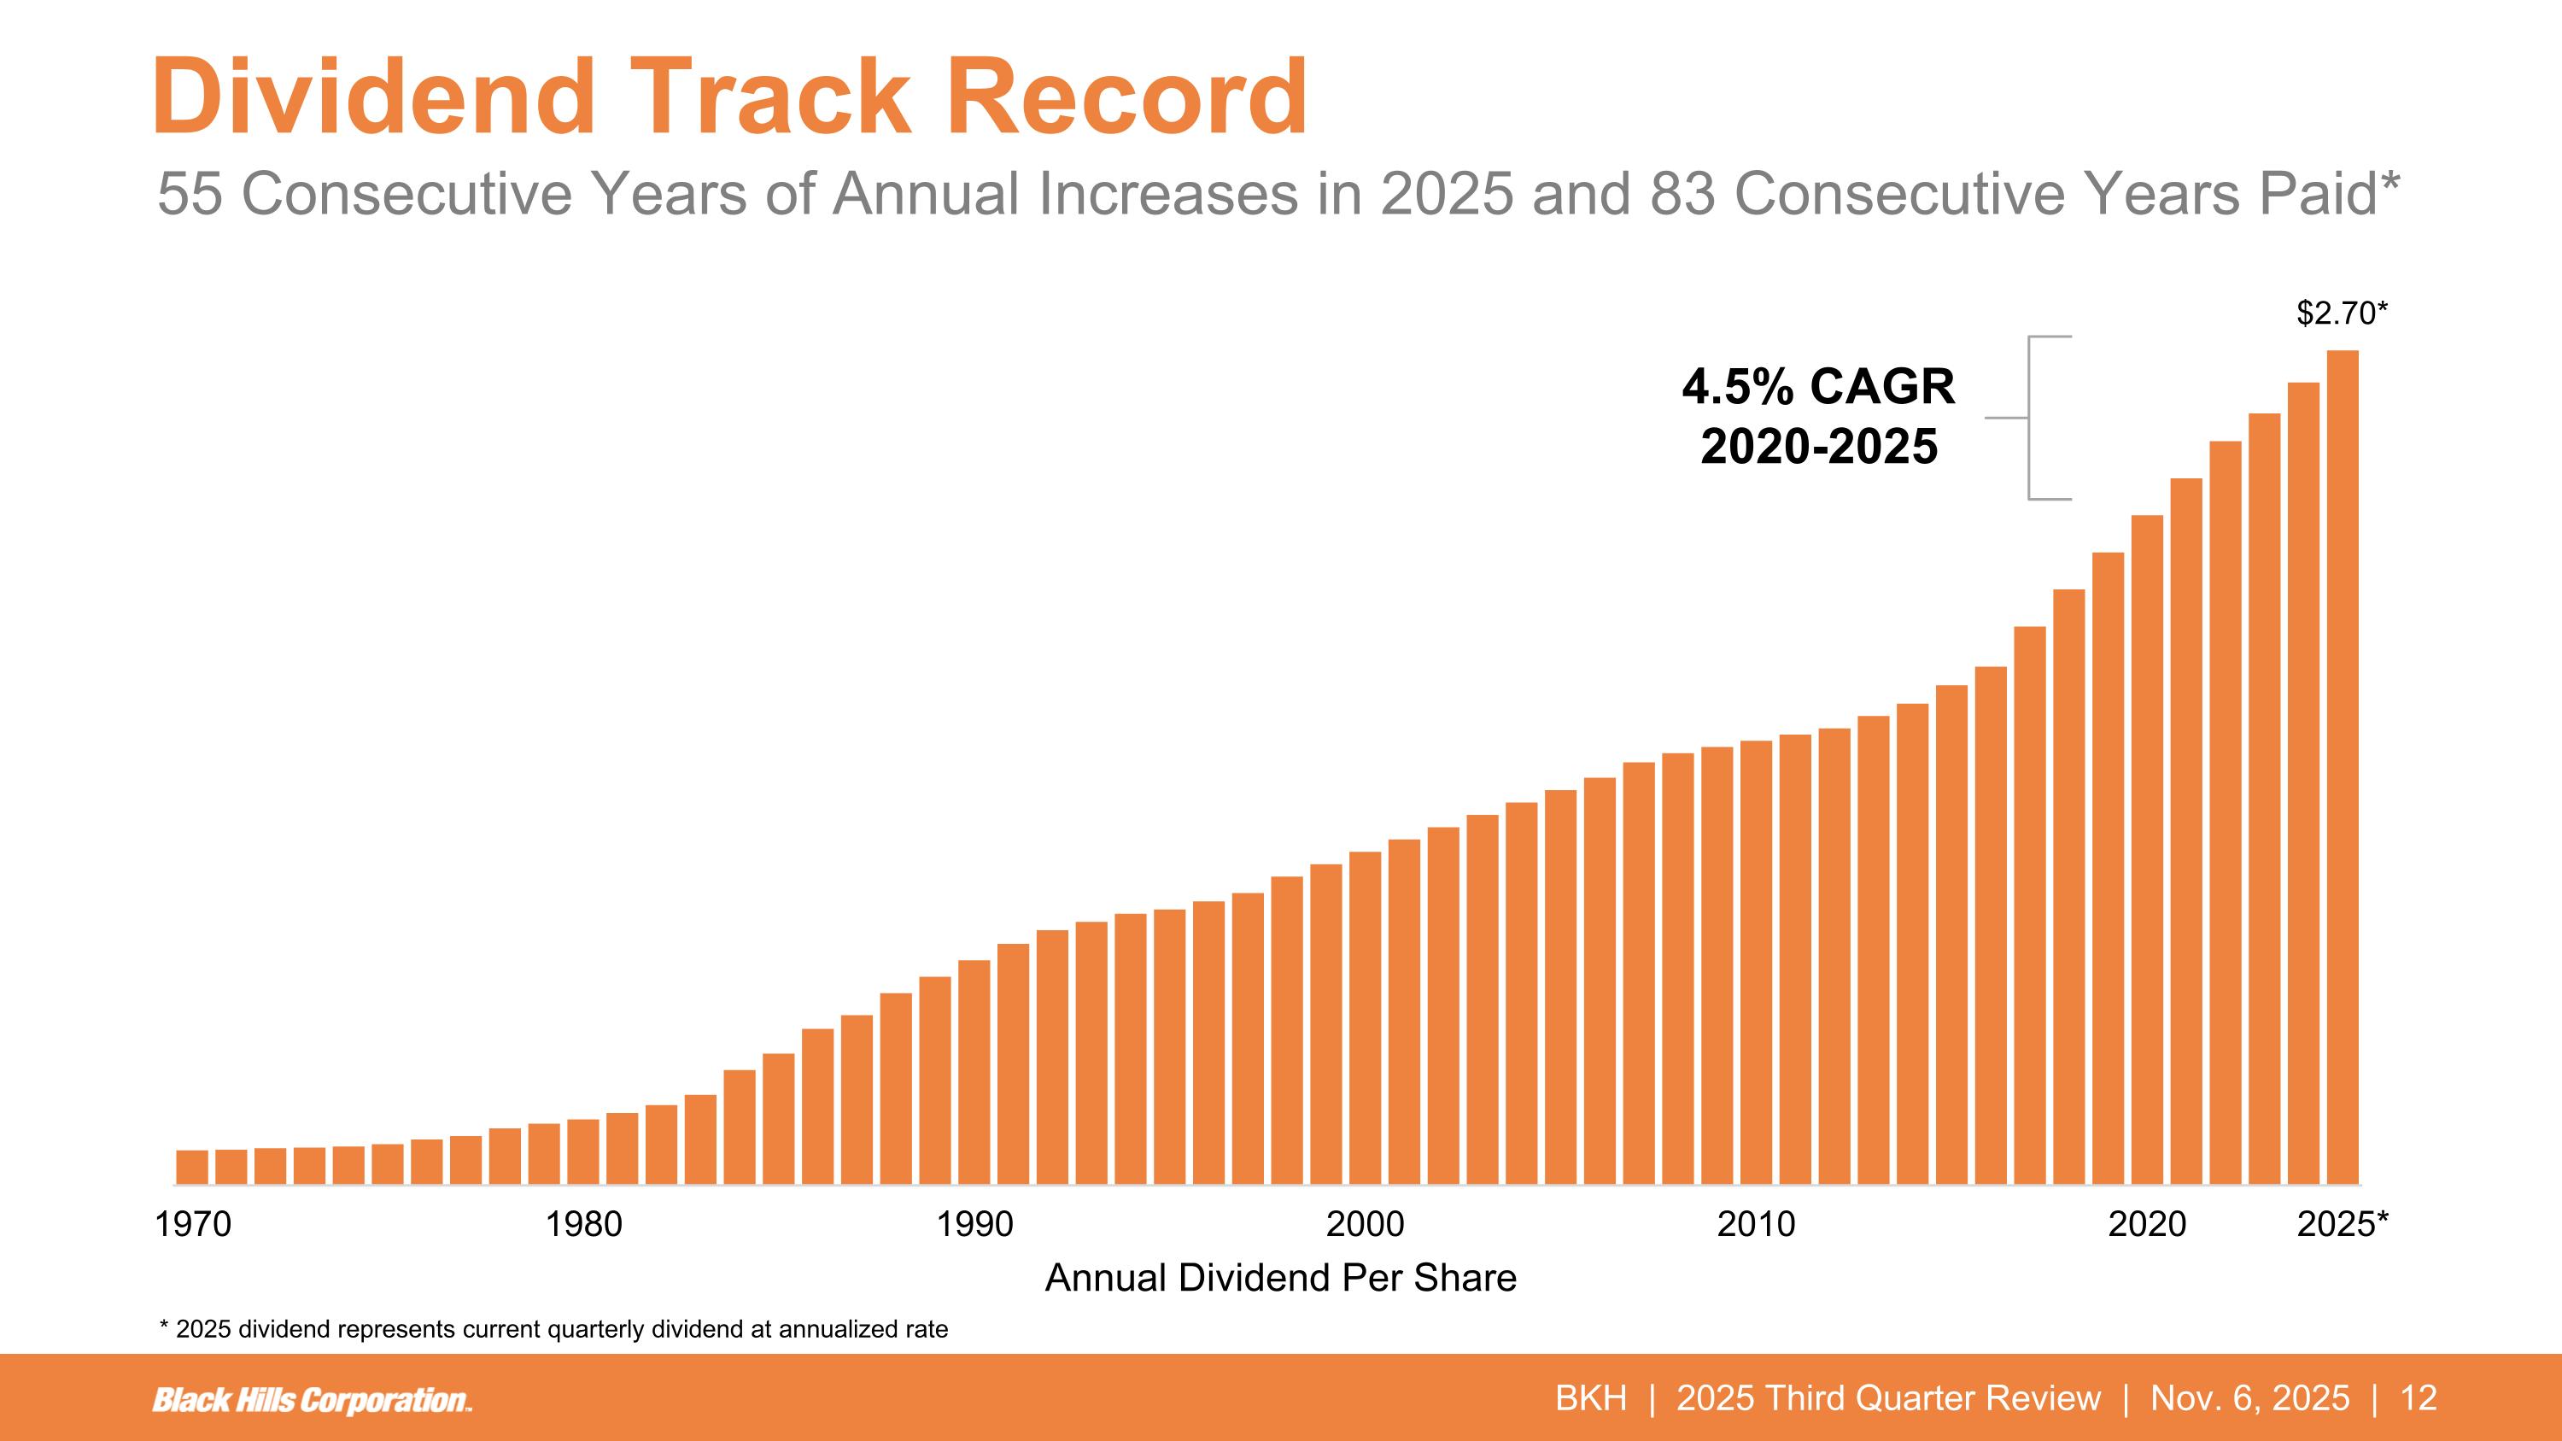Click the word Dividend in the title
[374, 97]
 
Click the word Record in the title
[1126, 97]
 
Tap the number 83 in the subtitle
[1682, 193]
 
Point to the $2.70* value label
[2341, 313]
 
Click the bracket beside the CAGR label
[2032, 418]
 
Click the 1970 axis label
[193, 1224]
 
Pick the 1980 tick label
[584, 1224]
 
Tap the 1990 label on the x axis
[974, 1224]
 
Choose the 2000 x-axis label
[1366, 1224]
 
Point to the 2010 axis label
[1757, 1224]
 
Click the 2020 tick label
[2147, 1224]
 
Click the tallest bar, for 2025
[2343, 765]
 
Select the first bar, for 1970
[192, 1168]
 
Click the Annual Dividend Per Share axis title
[1281, 1278]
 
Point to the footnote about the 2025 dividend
[554, 1330]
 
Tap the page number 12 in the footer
[2419, 1398]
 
